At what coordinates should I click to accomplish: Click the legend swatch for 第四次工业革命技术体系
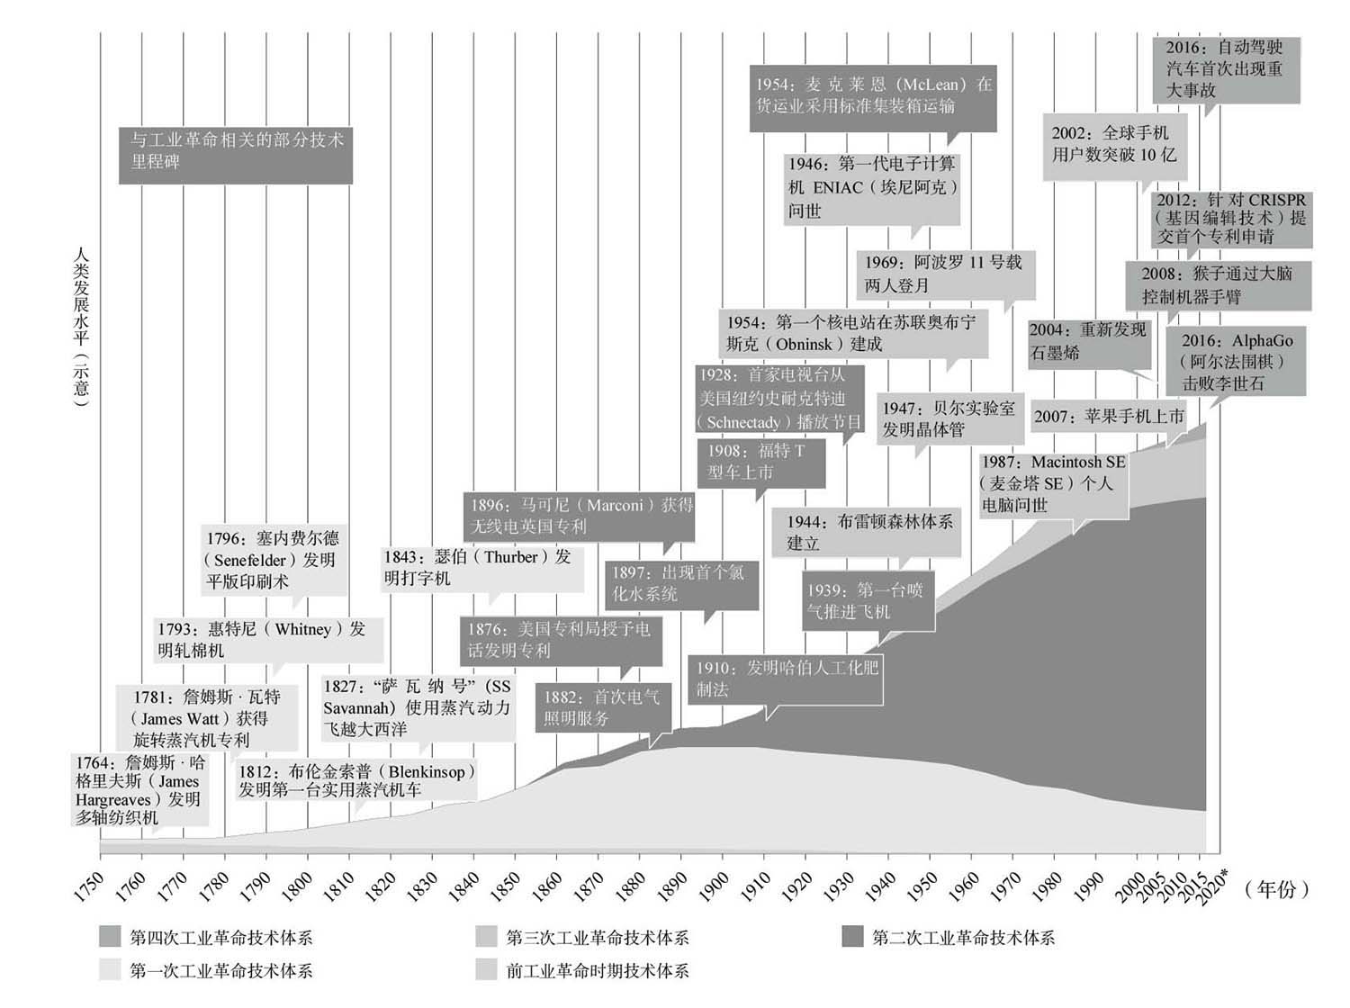point(110,937)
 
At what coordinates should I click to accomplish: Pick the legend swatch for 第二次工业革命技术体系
point(852,937)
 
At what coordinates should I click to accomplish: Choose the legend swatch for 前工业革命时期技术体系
point(486,970)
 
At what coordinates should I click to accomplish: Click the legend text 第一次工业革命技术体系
point(220,970)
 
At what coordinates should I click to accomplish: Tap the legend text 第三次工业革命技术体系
point(598,937)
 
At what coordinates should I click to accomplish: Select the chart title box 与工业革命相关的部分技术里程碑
point(236,151)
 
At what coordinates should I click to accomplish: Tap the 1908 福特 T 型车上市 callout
point(754,462)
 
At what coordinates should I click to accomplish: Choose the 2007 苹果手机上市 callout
point(1109,416)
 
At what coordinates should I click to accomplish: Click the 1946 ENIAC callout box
point(871,187)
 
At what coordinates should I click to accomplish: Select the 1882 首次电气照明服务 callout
point(603,707)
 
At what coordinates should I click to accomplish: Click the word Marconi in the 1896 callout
point(614,506)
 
